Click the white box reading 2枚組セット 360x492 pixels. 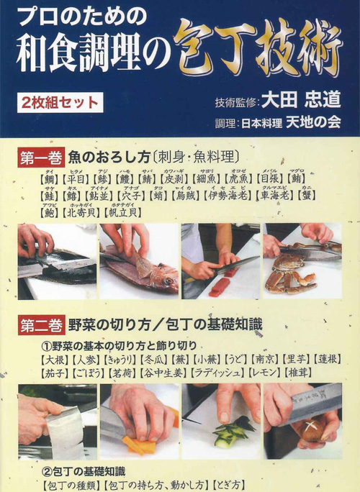[x=62, y=102]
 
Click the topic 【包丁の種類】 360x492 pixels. [x=72, y=485]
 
